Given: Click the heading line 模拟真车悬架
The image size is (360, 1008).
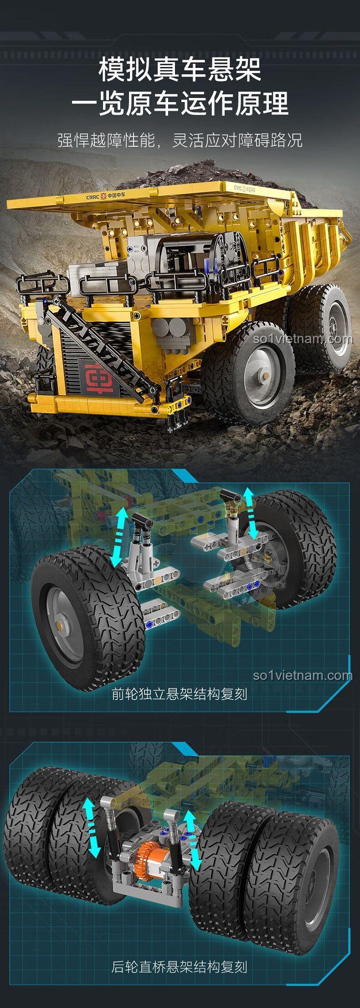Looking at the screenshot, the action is [x=180, y=70].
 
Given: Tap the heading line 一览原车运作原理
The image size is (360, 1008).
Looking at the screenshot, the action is [x=180, y=103].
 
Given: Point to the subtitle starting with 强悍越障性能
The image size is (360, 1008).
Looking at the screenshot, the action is [x=180, y=140].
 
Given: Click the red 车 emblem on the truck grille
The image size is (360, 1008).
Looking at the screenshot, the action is [x=103, y=372].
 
